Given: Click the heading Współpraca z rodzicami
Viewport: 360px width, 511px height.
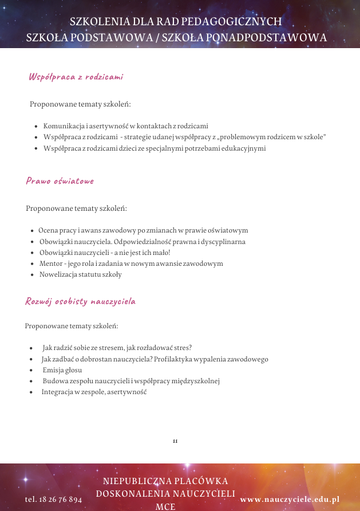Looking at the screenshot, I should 76,77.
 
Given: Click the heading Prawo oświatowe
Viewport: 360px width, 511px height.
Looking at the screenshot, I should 60,181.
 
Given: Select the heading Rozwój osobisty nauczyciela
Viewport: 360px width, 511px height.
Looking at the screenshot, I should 80,301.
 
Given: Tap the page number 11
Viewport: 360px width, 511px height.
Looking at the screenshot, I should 175,441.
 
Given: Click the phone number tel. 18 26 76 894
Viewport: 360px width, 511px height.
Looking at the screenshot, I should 54,500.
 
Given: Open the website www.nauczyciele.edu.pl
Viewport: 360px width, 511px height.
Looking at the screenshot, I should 290,500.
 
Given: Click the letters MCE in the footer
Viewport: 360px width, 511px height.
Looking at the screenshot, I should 165,506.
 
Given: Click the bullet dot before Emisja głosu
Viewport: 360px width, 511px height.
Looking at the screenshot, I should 31,370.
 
